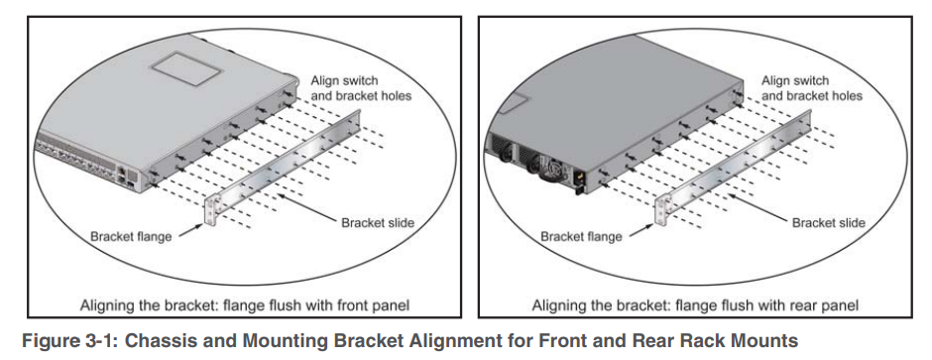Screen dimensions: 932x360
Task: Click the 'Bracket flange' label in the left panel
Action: pos(131,236)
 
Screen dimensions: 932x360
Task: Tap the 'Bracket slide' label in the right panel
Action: pos(829,223)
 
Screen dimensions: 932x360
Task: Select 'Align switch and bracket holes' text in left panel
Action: pos(361,88)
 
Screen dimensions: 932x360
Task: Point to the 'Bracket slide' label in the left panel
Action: pos(378,223)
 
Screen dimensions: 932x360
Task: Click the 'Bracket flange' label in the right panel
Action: pos(581,236)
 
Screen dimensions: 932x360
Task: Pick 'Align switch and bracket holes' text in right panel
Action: pos(812,88)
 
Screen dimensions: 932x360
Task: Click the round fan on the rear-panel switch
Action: pos(551,168)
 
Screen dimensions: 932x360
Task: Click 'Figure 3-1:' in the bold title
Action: pos(70,341)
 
